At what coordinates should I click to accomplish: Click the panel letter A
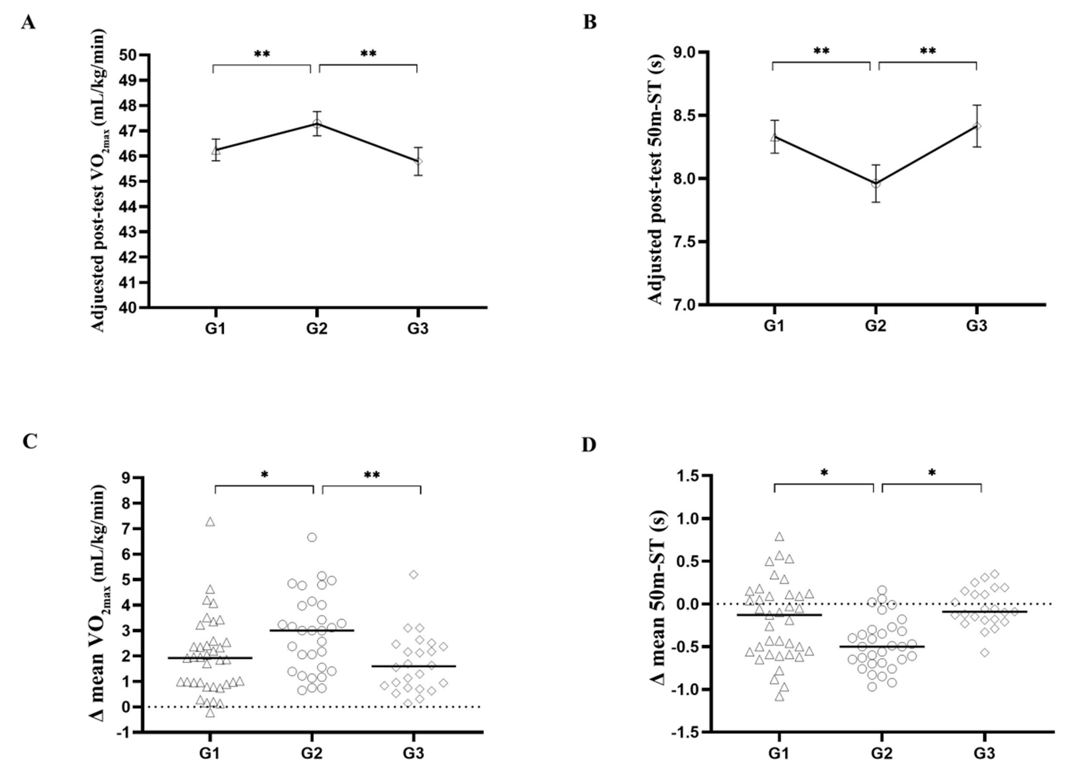(28, 23)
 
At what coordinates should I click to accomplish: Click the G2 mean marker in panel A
(316, 124)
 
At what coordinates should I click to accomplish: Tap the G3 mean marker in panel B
(977, 126)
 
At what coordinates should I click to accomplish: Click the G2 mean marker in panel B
(876, 183)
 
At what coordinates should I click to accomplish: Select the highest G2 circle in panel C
(312, 538)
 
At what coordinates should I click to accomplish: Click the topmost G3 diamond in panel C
(413, 574)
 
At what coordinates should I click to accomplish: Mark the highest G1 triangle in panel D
(779, 536)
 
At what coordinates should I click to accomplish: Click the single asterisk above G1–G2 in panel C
(265, 475)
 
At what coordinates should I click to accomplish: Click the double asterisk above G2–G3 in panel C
(372, 475)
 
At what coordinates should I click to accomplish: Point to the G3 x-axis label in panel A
(417, 329)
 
